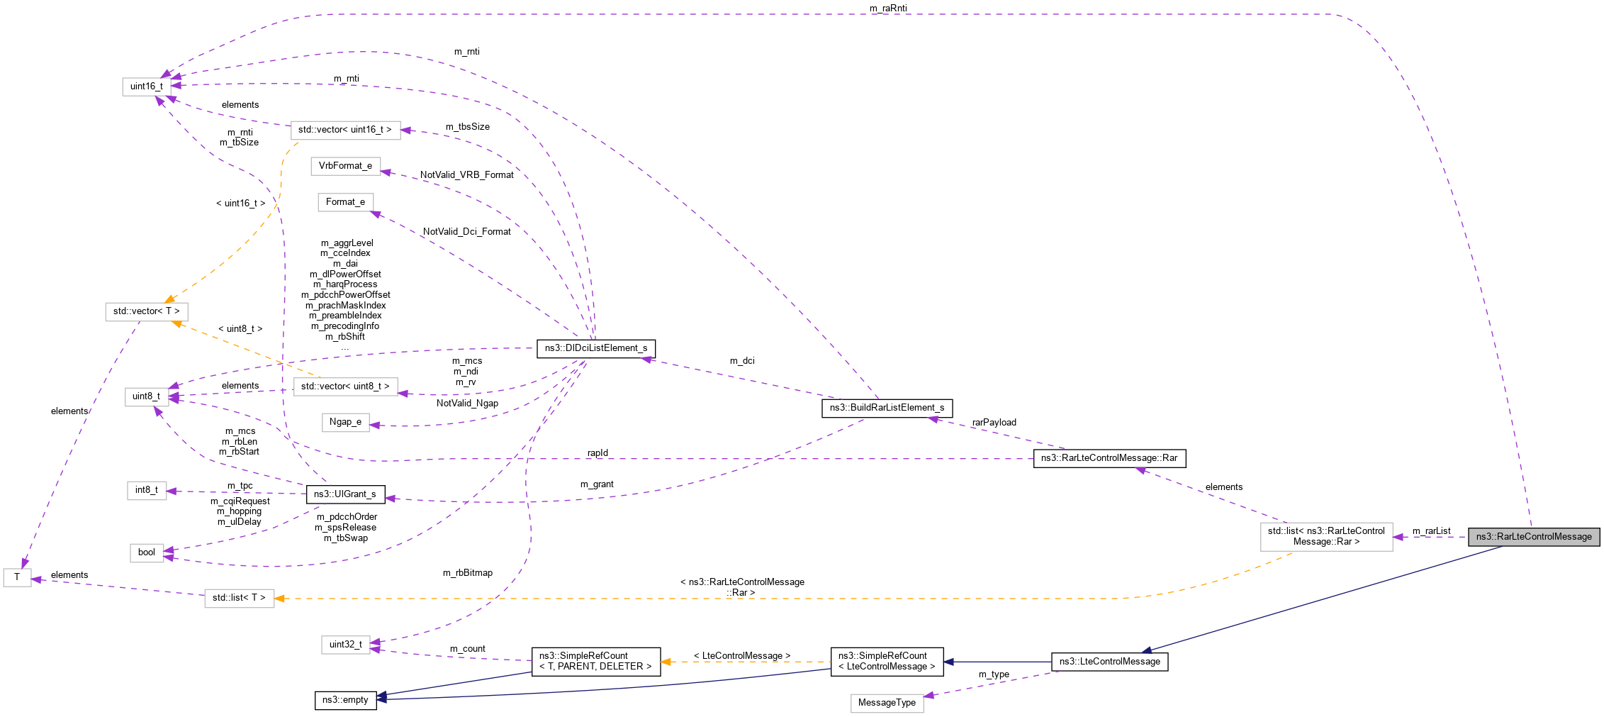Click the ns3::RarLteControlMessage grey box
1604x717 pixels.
1533,537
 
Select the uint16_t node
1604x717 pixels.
146,87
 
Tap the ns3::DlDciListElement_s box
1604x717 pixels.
595,348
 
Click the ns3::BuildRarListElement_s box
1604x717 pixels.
887,408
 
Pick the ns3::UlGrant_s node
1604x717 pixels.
344,494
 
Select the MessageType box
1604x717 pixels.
886,703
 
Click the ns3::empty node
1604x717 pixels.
345,700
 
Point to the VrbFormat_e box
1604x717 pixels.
345,166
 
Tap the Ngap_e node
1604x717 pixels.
345,422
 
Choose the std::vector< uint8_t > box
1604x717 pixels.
345,387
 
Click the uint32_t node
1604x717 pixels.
345,645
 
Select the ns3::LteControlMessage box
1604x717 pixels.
1109,662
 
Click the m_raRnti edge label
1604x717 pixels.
887,9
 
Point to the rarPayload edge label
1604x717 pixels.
994,423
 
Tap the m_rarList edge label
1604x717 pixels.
1431,531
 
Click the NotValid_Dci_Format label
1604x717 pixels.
466,232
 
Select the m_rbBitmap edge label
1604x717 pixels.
467,573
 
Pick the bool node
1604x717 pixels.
146,552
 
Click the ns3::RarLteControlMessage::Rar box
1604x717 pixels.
1109,458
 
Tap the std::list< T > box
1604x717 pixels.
239,598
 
